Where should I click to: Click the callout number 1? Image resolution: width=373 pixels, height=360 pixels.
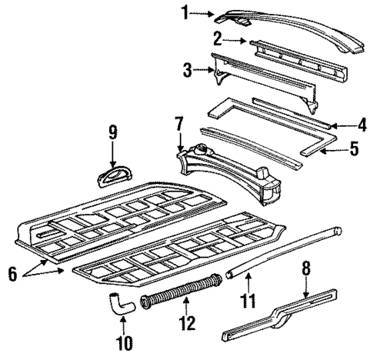185,12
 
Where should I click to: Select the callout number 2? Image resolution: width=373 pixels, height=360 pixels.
218,37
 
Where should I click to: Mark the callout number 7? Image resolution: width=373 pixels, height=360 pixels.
179,122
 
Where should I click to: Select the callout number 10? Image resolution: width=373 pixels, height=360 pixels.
123,339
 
